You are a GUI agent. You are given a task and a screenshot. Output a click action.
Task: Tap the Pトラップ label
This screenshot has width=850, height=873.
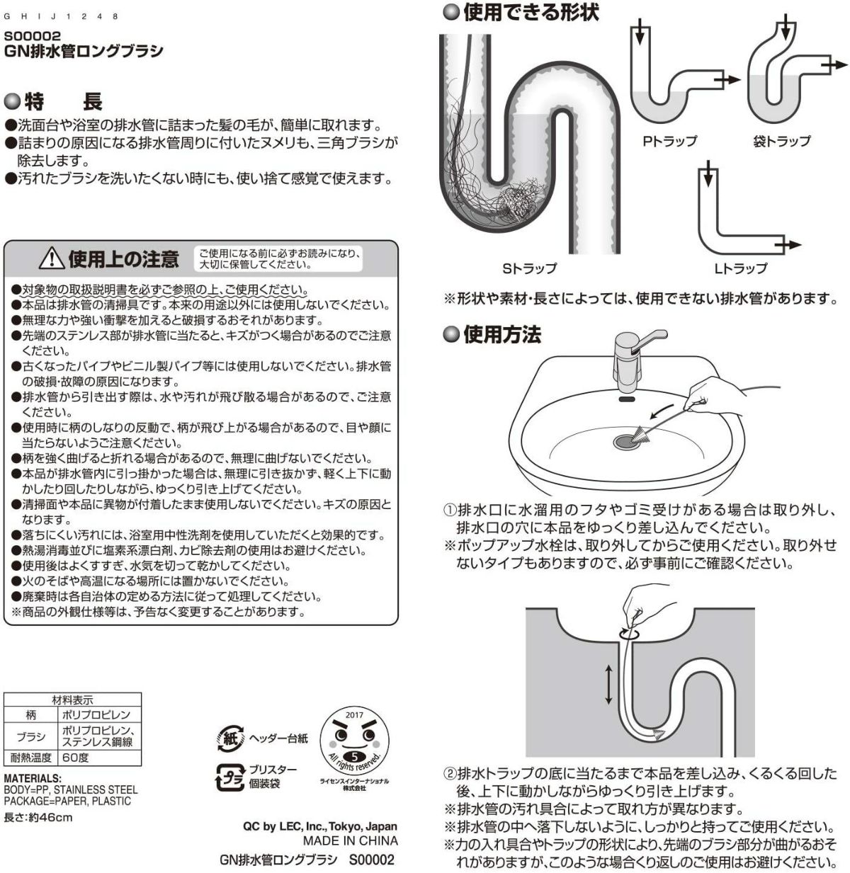[x=669, y=141]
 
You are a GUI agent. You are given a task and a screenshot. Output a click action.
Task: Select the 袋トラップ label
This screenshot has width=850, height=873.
[x=781, y=141]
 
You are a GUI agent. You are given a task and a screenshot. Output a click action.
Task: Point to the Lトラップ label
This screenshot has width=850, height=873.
[x=740, y=268]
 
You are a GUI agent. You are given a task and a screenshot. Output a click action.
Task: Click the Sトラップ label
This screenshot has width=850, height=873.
[x=529, y=268]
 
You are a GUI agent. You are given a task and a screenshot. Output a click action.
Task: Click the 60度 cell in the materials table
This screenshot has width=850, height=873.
[x=74, y=757]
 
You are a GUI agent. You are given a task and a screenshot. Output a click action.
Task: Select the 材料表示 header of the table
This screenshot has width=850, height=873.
[x=72, y=700]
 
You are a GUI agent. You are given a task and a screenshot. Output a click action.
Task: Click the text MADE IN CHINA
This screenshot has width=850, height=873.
[x=350, y=841]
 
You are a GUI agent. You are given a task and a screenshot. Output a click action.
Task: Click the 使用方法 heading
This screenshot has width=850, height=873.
[x=501, y=335]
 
